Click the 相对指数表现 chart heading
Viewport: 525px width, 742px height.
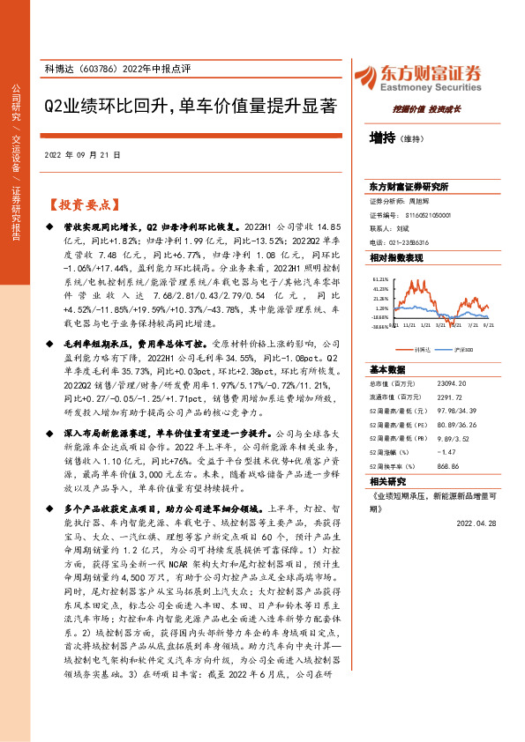tap(396, 257)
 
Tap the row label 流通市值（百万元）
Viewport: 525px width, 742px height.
tap(393, 374)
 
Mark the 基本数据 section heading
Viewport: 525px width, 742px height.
tap(386, 345)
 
